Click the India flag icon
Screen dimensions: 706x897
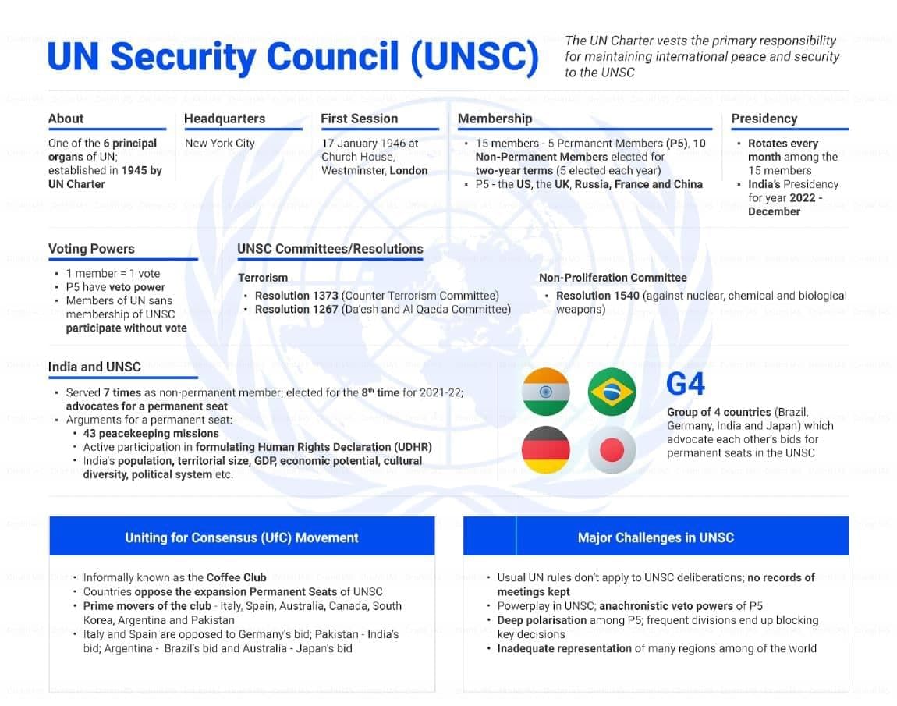coord(545,392)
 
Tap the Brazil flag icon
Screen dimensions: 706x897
coord(612,392)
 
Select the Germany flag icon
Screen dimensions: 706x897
coord(545,450)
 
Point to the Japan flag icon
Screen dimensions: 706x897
coord(612,450)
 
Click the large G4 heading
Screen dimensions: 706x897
coord(686,385)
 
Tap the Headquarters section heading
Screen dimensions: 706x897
coord(225,119)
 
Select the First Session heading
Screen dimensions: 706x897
coord(359,119)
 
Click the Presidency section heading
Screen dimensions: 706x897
coord(764,119)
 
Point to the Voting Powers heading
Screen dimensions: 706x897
coord(91,249)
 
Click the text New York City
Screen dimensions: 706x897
coord(220,144)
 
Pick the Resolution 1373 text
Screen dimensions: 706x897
coord(296,296)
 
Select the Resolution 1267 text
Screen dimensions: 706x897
coord(296,309)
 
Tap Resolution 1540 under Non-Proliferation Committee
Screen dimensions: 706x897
coord(597,296)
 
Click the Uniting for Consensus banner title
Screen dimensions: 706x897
coord(242,537)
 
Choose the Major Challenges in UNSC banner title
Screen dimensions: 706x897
coord(655,537)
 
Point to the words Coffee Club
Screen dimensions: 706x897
coord(236,577)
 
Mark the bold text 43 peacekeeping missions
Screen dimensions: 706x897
coord(151,433)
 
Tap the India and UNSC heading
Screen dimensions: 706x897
coord(94,367)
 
